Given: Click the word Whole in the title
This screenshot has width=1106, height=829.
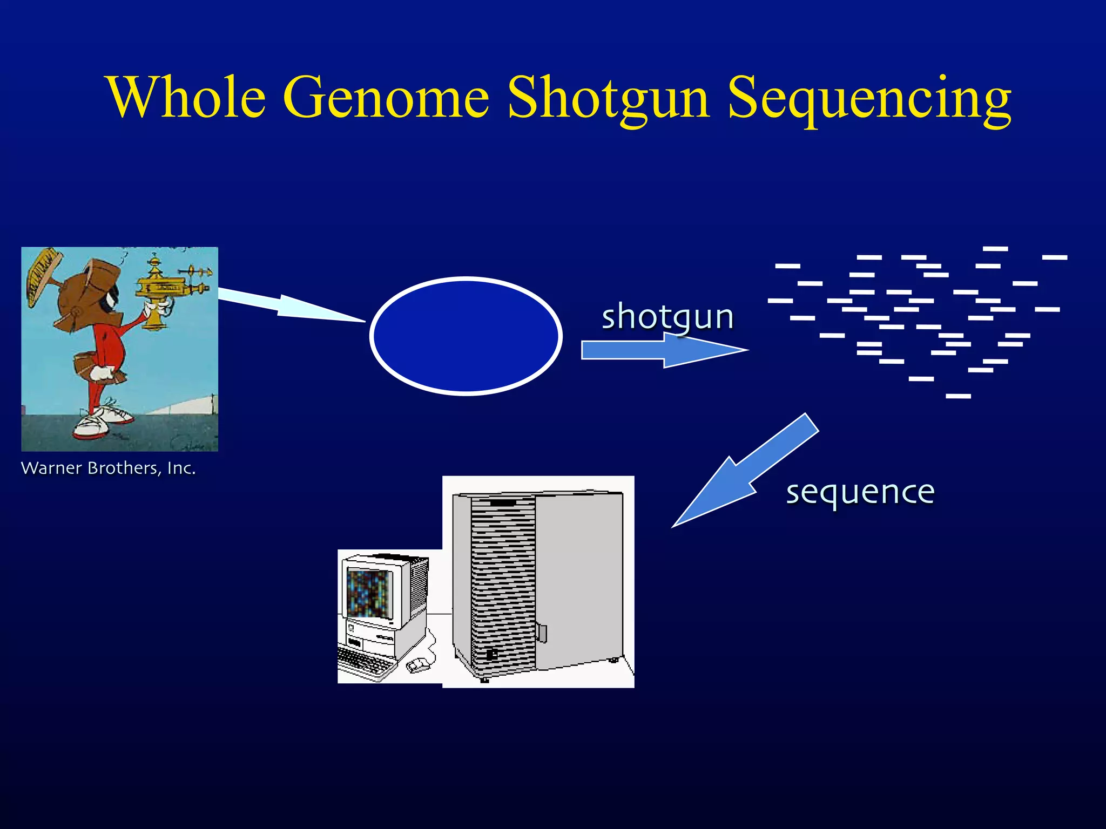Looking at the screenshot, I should click(x=187, y=97).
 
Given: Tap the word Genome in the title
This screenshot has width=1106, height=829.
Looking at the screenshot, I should click(x=387, y=97).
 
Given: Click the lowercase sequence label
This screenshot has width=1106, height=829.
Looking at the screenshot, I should click(x=860, y=492).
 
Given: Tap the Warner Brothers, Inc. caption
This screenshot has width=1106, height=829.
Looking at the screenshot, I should click(x=108, y=468).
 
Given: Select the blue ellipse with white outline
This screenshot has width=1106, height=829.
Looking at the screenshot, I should click(x=466, y=336).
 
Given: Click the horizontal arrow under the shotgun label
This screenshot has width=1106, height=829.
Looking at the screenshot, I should click(x=664, y=350).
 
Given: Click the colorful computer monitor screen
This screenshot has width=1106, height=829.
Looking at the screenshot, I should click(x=369, y=593).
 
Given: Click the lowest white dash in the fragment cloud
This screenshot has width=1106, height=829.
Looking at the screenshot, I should click(x=958, y=396).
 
